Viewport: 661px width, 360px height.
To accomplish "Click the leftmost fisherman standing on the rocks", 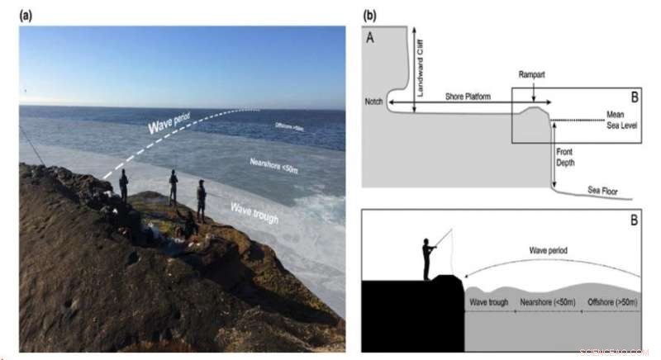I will (x=123, y=187).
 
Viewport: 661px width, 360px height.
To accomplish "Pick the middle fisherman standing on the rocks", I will (x=174, y=187).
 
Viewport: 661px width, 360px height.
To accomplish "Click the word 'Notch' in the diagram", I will (x=373, y=103).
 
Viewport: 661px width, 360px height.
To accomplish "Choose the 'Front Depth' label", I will (x=566, y=157).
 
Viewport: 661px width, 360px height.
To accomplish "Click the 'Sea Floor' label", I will (x=602, y=190).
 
